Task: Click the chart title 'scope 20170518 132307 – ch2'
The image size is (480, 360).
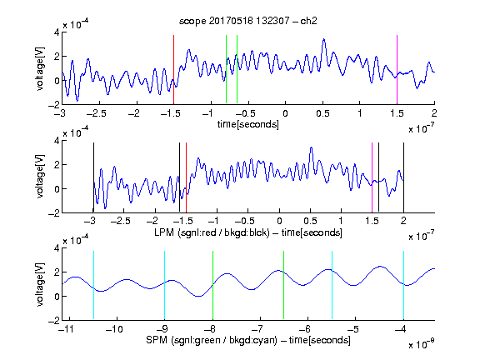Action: (x=248, y=21)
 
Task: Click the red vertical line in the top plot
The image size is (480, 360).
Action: (x=173, y=69)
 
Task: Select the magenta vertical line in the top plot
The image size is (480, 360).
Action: (x=397, y=69)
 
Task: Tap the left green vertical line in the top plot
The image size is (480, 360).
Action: (x=226, y=69)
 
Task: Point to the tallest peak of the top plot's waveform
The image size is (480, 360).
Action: (x=323, y=39)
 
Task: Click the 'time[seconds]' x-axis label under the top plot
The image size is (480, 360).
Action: (x=248, y=124)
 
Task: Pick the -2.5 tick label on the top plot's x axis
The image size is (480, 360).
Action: (x=97, y=113)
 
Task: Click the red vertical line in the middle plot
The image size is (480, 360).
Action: (x=186, y=177)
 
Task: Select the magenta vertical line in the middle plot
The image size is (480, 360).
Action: (x=372, y=177)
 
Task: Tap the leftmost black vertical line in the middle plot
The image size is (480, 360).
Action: (x=93, y=177)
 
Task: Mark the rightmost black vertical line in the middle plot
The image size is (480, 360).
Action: (x=403, y=177)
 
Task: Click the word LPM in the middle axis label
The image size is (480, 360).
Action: (x=164, y=232)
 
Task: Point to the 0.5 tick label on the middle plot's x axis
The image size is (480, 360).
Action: (x=310, y=221)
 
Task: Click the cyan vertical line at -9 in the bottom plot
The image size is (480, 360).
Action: (x=164, y=285)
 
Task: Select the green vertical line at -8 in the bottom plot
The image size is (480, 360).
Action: (x=212, y=285)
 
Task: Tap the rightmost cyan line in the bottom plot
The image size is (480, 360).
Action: (x=403, y=285)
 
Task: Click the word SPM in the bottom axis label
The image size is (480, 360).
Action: (x=157, y=340)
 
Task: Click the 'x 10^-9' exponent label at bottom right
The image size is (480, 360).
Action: (x=421, y=344)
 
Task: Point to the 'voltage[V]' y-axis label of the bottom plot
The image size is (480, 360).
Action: (x=40, y=284)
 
